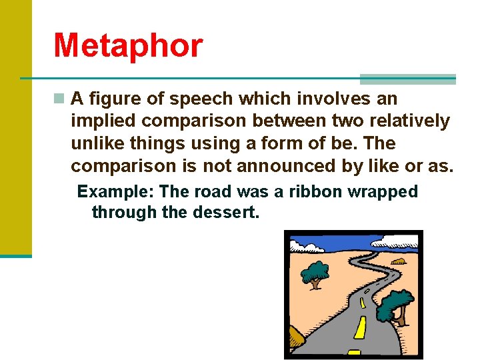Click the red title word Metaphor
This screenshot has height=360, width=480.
point(127,45)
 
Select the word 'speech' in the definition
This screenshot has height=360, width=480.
point(202,99)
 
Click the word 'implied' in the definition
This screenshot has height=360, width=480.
point(102,121)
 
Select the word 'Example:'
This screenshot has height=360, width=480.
point(115,192)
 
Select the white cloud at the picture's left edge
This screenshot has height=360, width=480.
point(303,247)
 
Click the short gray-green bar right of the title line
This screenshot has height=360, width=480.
point(408,79)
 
